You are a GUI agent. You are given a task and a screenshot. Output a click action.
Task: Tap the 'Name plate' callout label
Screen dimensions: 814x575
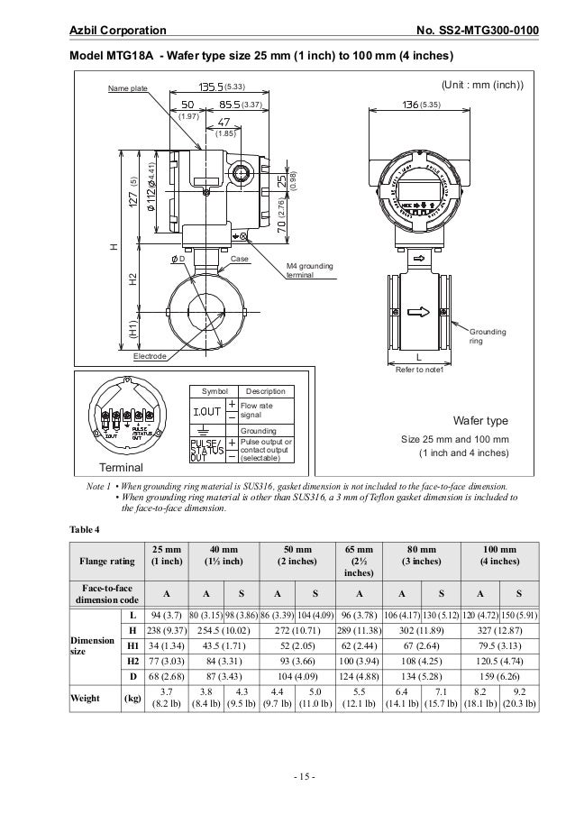point(127,88)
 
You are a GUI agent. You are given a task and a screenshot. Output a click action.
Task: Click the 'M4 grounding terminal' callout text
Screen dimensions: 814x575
point(310,271)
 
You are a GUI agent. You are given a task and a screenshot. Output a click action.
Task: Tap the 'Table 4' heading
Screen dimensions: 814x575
point(86,527)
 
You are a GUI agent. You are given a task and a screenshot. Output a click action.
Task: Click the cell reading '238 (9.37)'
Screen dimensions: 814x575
point(164,629)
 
